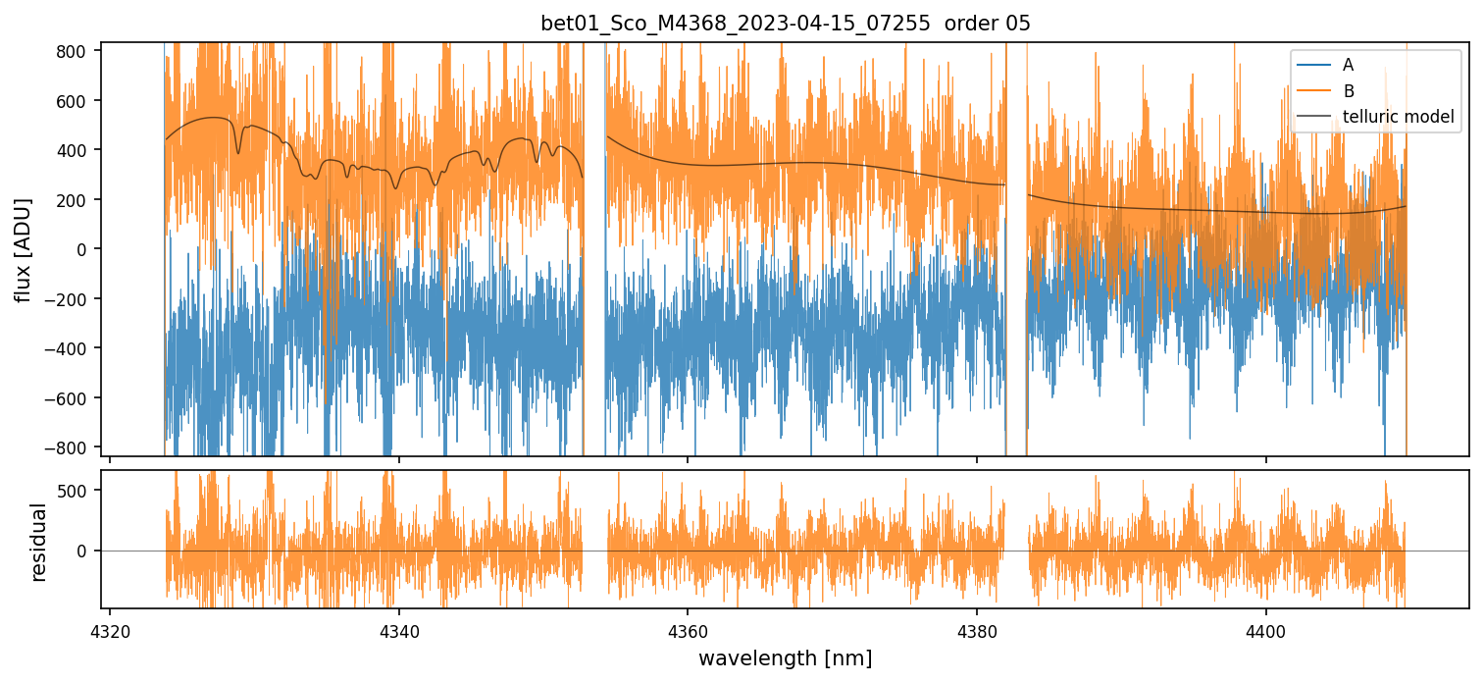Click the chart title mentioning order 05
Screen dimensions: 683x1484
click(785, 24)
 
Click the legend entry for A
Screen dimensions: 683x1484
click(1349, 65)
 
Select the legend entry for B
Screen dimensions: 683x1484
click(1349, 91)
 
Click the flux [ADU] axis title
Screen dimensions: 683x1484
click(23, 249)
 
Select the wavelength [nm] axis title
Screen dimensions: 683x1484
click(785, 657)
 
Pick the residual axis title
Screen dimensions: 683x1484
click(39, 541)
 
